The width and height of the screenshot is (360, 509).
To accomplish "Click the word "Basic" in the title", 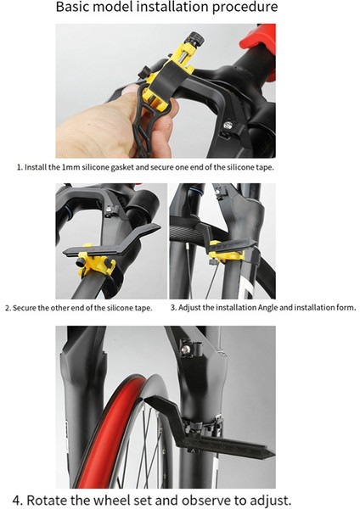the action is click(x=71, y=7).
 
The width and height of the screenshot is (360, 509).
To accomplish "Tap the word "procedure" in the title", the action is click(x=245, y=8).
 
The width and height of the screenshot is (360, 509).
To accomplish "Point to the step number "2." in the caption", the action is click(x=8, y=308).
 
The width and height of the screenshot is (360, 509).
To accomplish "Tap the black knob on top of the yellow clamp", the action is click(x=195, y=38).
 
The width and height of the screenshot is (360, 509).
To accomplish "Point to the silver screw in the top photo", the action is click(x=229, y=126).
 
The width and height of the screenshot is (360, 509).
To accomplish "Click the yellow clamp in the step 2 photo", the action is click(x=96, y=260).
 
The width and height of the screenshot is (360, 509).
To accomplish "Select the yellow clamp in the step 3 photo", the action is click(x=220, y=252).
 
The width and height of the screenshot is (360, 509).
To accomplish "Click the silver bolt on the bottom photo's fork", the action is click(x=186, y=350).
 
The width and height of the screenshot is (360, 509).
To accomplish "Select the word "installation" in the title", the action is click(x=172, y=7).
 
